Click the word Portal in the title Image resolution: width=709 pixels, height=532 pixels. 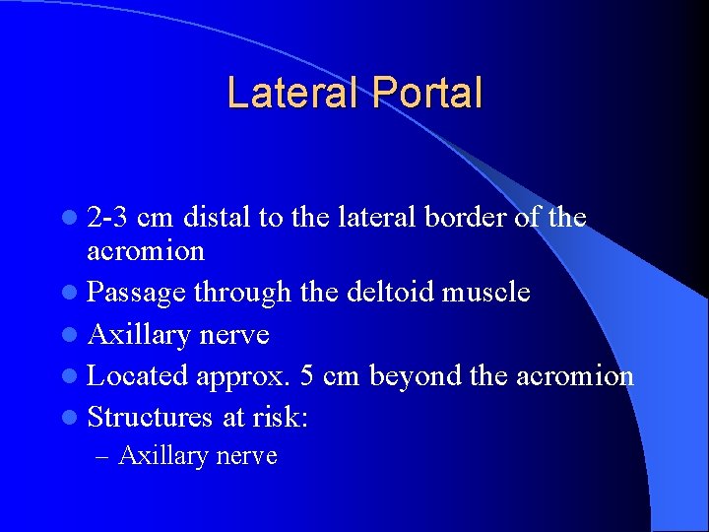[427, 93]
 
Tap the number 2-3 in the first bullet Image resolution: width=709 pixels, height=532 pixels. [108, 217]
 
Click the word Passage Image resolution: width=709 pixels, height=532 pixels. [137, 293]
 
